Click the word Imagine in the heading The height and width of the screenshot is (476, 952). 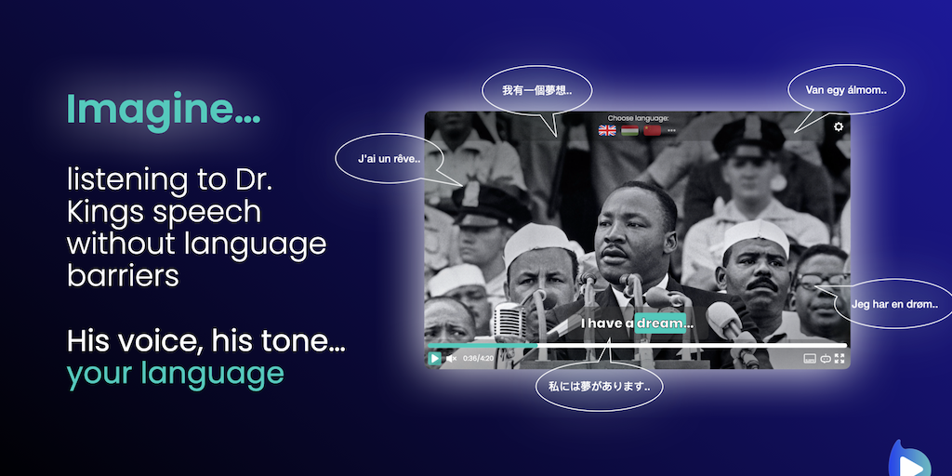click(154, 110)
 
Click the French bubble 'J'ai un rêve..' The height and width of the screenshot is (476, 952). click(390, 159)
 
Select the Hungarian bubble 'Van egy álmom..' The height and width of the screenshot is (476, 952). click(846, 90)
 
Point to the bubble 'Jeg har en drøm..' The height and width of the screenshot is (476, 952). click(894, 304)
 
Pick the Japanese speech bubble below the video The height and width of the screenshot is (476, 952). click(600, 386)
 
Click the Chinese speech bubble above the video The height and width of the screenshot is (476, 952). click(536, 90)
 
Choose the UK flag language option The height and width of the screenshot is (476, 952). click(607, 130)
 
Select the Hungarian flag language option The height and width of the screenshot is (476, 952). click(629, 130)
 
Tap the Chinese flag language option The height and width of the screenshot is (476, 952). click(652, 130)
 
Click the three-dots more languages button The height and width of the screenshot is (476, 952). click(671, 131)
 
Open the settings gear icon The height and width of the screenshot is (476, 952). click(839, 126)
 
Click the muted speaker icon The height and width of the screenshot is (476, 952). click(451, 359)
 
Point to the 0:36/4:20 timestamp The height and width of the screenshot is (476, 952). click(479, 359)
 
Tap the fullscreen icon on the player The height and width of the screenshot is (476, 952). click(840, 359)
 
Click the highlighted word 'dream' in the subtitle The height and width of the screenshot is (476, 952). click(660, 324)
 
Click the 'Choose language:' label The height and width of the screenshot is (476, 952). click(638, 118)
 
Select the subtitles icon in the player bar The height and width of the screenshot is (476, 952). click(810, 359)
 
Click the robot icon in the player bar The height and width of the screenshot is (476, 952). click(826, 359)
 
